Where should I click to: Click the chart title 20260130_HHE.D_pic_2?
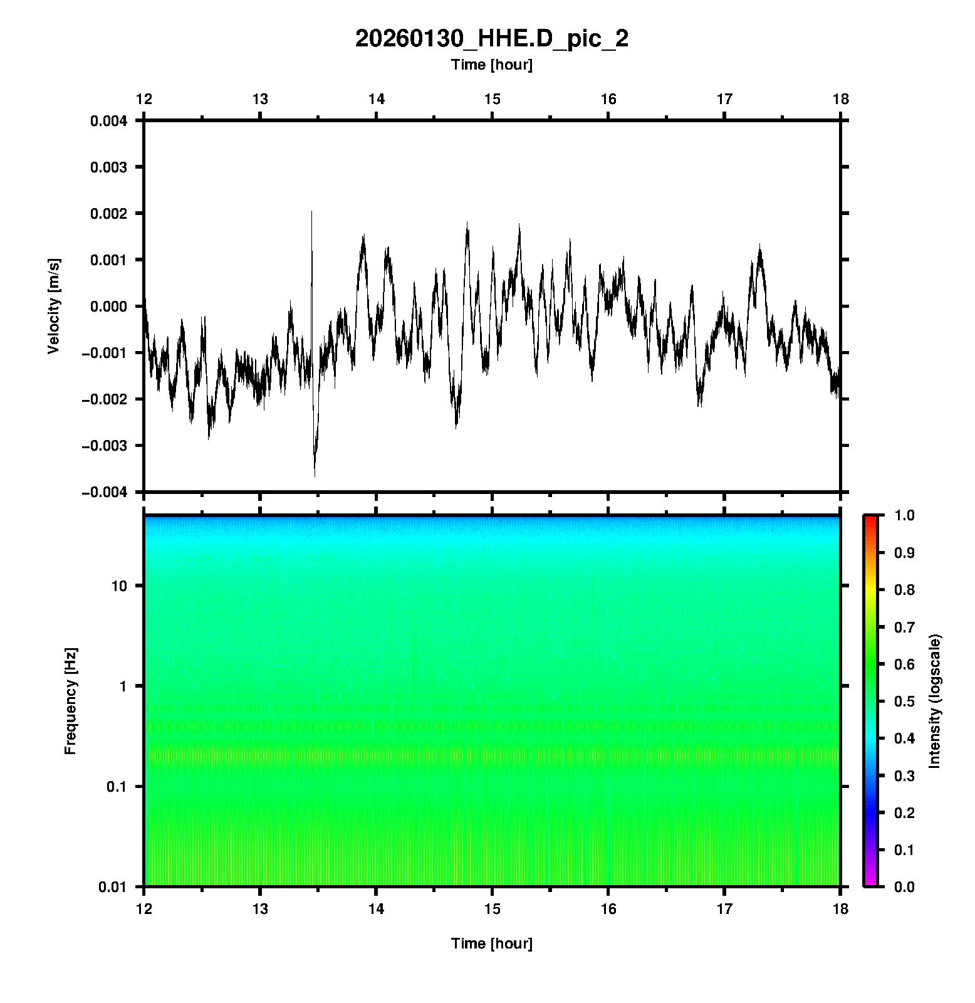pos(491,39)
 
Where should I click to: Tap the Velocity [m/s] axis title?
pos(54,306)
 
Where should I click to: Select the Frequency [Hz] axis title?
pos(70,701)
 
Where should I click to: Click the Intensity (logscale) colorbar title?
pos(935,701)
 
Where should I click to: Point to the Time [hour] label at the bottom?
pos(491,943)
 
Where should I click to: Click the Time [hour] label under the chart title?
pos(491,65)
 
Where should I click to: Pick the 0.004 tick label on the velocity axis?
pos(108,121)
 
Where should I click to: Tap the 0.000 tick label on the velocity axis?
pos(108,307)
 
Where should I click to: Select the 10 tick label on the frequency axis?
pos(119,586)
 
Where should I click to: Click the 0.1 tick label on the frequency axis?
pos(116,787)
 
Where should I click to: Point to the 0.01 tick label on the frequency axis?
pos(113,886)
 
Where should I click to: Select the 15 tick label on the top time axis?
pos(492,99)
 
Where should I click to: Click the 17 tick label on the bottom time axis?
pos(724,909)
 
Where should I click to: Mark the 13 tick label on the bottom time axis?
pos(260,909)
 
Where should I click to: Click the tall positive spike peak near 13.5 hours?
pos(311,212)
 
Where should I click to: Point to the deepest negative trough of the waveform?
pos(315,475)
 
